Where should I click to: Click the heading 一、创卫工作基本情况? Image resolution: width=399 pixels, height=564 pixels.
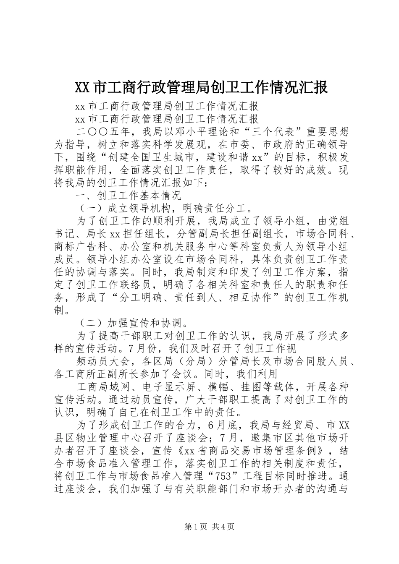(128, 195)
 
